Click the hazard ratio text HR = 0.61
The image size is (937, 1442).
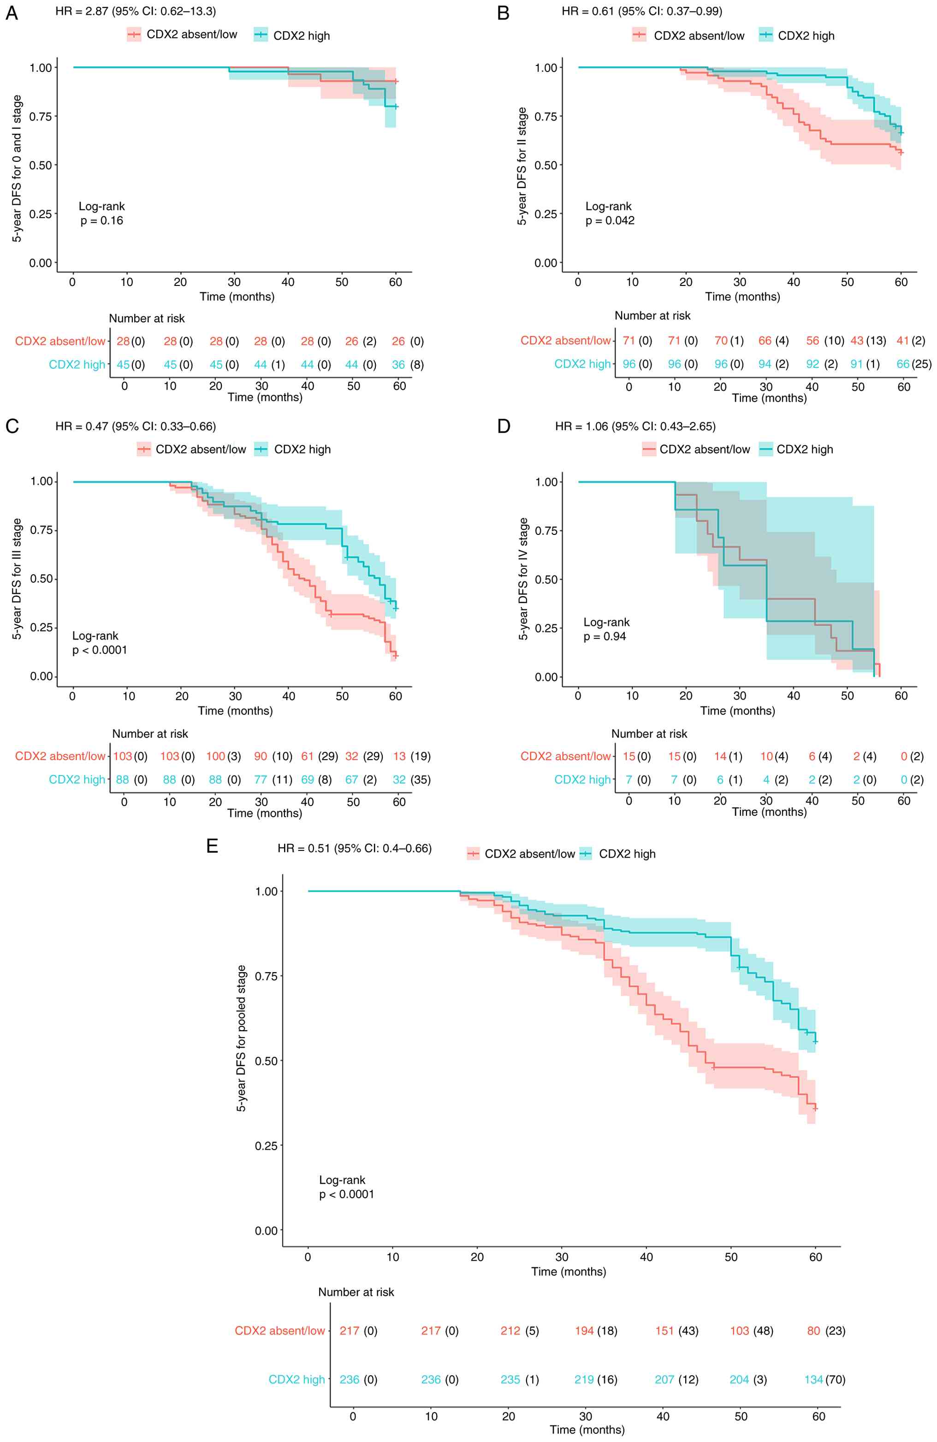(641, 12)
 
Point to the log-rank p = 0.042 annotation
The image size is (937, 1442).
(609, 213)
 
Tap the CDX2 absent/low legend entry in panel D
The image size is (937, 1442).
(697, 450)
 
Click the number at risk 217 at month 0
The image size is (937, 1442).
(350, 1331)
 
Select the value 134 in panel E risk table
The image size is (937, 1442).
(813, 1380)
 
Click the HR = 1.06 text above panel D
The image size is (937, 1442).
(635, 427)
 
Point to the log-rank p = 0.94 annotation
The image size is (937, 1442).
(606, 629)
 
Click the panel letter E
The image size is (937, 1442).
(212, 846)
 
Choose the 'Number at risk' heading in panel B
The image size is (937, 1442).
(652, 316)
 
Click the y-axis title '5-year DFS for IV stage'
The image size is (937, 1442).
(523, 579)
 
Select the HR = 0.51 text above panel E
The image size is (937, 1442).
(354, 848)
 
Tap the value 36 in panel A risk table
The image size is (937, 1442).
(398, 365)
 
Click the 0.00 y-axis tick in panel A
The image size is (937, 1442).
(41, 263)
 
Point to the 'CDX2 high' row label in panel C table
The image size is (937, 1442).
(77, 780)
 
